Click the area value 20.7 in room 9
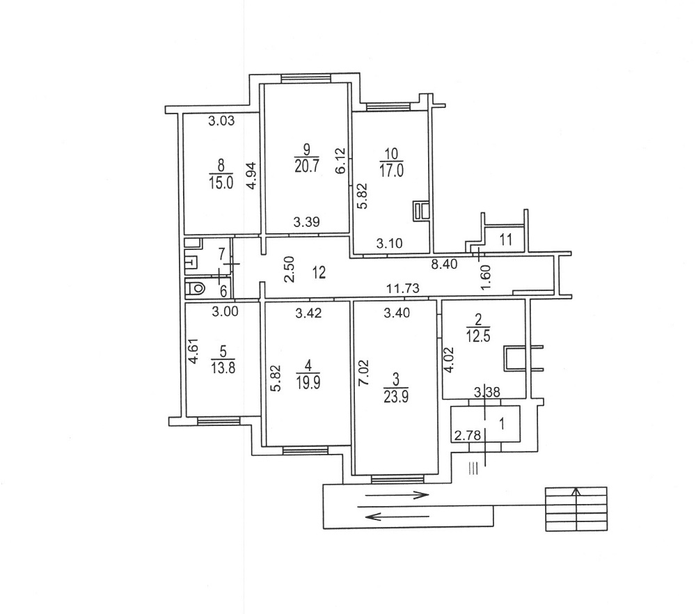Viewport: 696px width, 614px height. [306, 167]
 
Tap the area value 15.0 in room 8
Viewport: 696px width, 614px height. [221, 182]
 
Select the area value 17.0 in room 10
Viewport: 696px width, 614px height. [392, 171]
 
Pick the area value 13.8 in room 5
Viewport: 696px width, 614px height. [223, 368]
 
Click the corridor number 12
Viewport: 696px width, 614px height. [319, 271]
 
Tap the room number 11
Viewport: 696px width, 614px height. [505, 239]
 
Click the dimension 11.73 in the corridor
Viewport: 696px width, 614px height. [402, 289]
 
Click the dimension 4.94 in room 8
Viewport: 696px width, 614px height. [252, 175]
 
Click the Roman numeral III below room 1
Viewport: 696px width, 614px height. [473, 469]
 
